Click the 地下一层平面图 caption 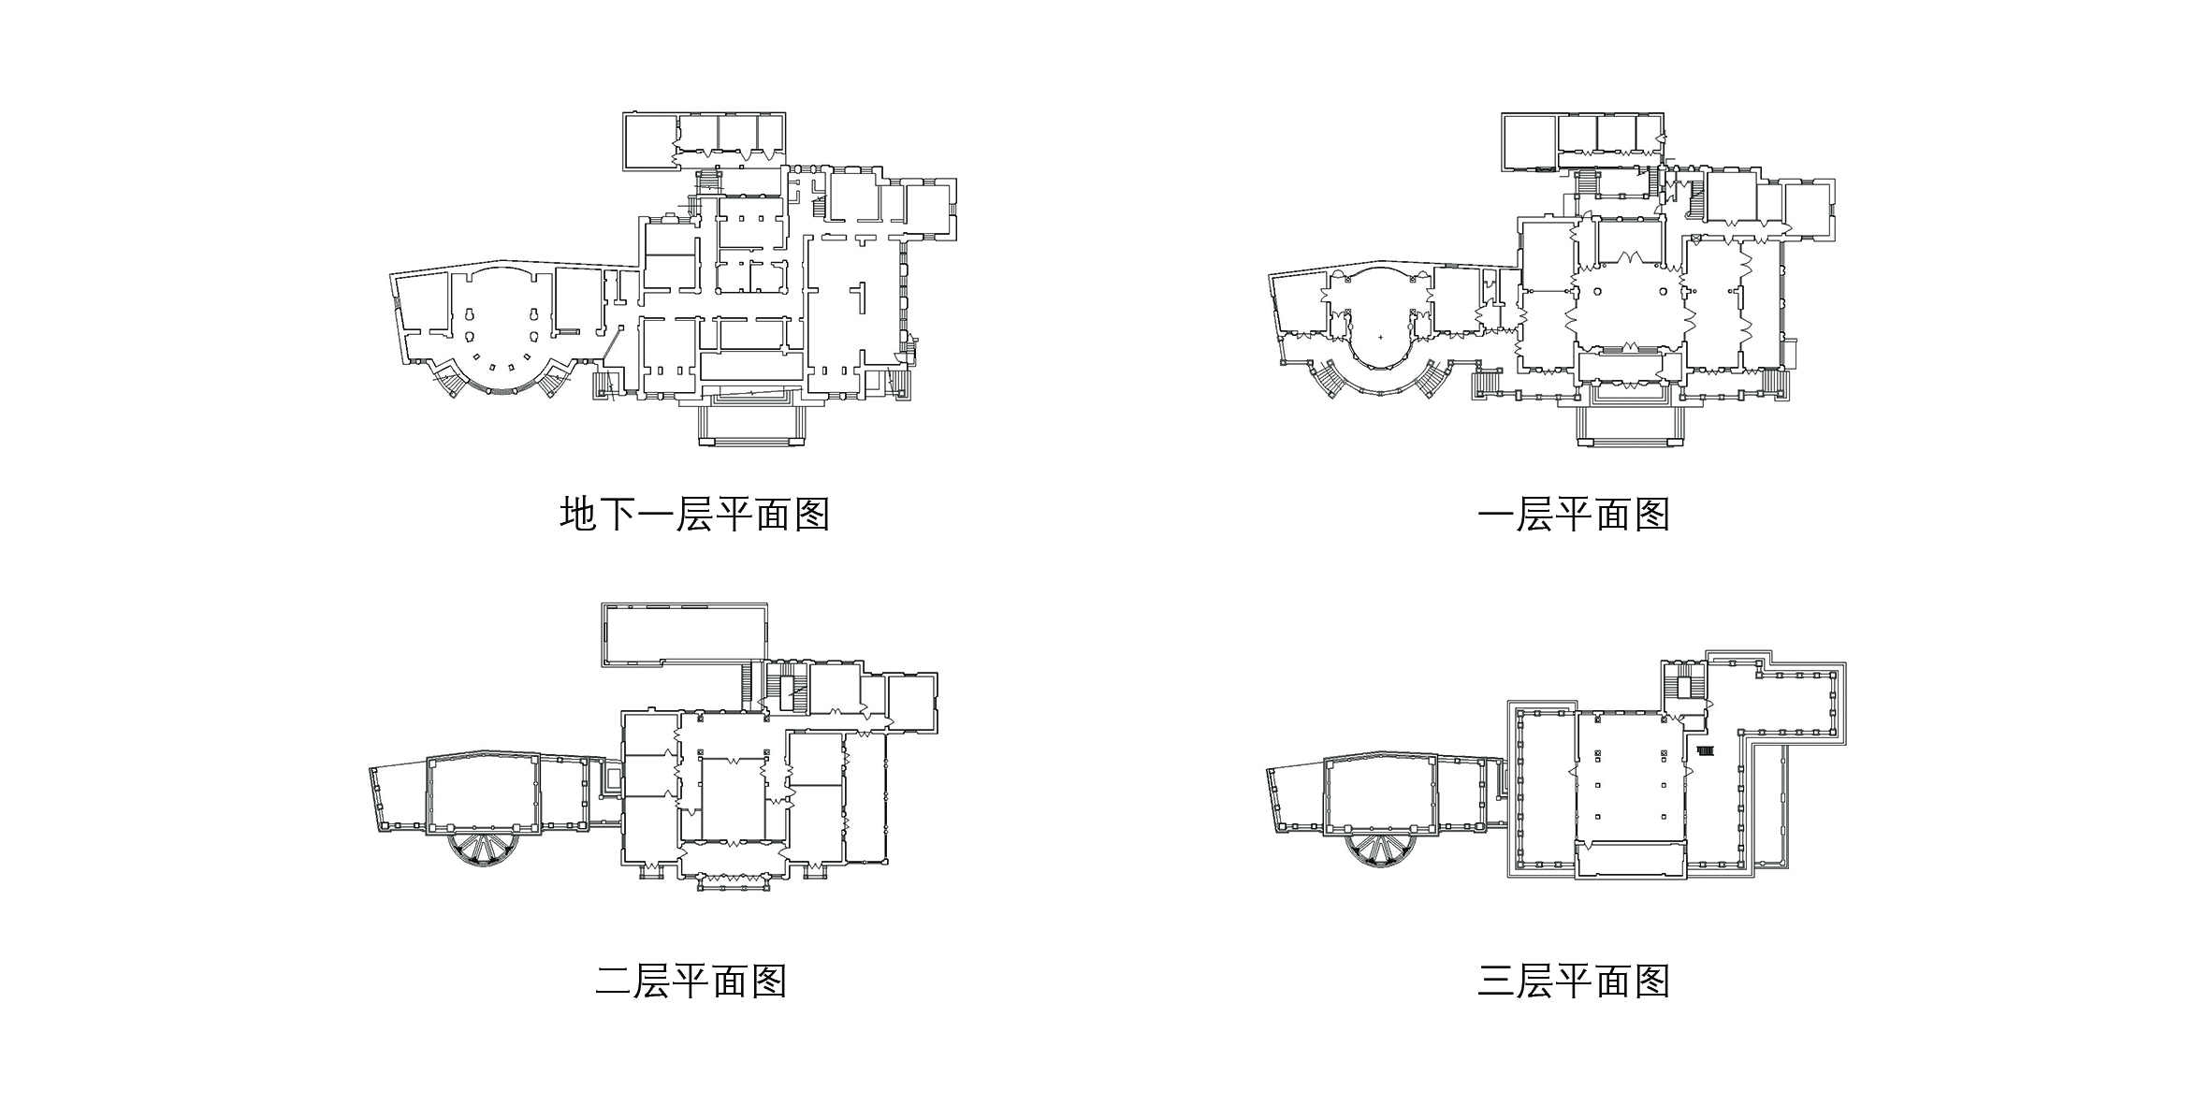694,515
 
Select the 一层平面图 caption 1573,515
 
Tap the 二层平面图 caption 691,981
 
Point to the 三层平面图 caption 1573,981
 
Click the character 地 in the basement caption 578,515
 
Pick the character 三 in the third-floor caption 1495,981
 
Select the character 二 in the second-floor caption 613,981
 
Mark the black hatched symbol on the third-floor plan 1705,749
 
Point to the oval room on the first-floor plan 1379,323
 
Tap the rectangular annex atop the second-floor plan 683,633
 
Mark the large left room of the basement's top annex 649,141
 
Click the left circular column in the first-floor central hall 1598,291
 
